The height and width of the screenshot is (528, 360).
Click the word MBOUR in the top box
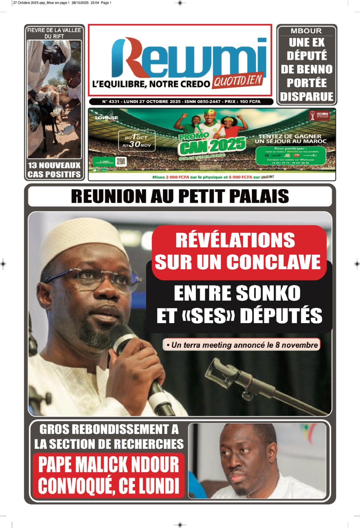click(306, 31)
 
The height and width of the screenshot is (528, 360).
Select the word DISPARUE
click(307, 97)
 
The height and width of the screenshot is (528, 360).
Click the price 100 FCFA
click(250, 102)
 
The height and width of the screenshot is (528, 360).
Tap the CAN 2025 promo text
click(212, 146)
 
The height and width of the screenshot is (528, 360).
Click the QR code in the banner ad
click(121, 161)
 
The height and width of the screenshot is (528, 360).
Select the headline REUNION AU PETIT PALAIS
click(180, 196)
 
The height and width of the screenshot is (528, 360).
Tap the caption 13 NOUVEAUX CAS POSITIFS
click(54, 170)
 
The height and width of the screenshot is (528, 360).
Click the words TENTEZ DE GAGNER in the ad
click(290, 136)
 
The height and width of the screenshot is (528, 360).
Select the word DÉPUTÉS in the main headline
click(281, 316)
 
